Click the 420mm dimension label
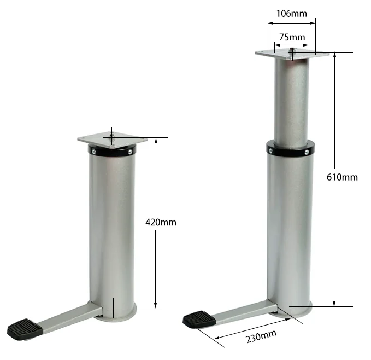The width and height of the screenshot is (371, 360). coord(161,223)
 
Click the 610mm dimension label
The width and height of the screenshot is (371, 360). coord(342,177)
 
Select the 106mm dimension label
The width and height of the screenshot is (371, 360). coord(291,14)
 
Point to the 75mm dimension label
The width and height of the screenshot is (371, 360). coord(292,37)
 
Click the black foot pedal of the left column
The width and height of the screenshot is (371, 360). coord(26,329)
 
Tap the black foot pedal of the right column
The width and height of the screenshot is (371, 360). coord(200,319)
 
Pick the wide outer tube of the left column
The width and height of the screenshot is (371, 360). coord(112,230)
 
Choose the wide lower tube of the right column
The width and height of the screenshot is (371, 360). coord(290,230)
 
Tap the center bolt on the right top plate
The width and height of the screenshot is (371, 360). coord(292,50)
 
